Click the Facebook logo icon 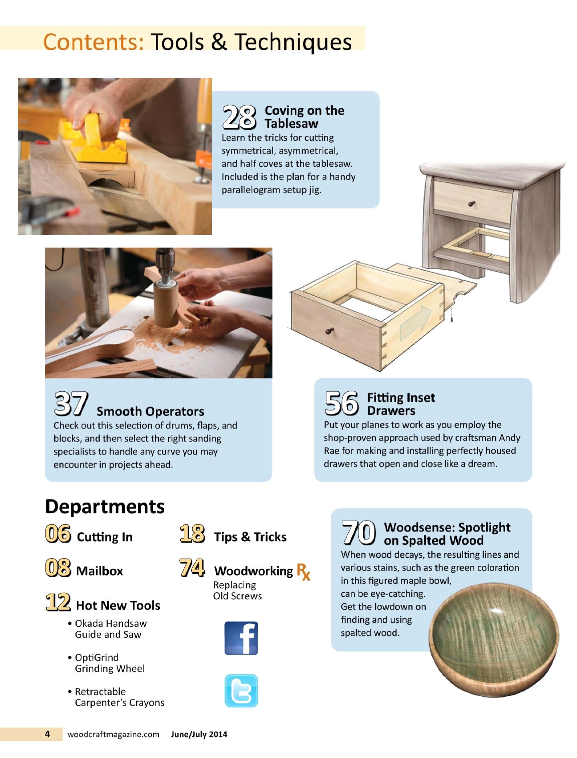pos(241,638)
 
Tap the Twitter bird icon pos(241,691)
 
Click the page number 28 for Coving pos(239,117)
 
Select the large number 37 pos(71,404)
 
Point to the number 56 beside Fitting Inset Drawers pos(341,403)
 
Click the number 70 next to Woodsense pos(359,533)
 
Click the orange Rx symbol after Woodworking pos(303,571)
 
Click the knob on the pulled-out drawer pos(329,331)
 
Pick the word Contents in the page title pos(94,42)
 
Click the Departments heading pos(105,507)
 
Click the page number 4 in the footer pos(47,734)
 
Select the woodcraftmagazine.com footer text pos(113,734)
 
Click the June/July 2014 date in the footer pos(199,734)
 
